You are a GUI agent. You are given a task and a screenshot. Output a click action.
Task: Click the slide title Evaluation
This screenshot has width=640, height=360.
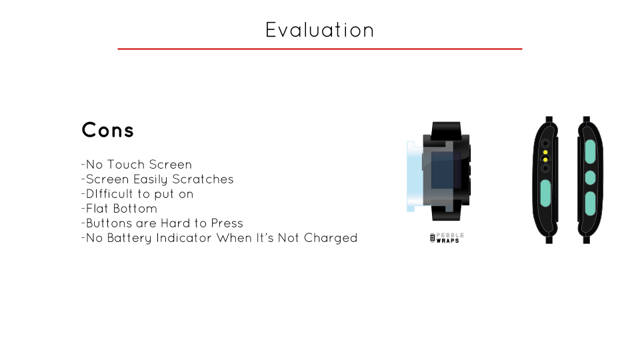click(319, 30)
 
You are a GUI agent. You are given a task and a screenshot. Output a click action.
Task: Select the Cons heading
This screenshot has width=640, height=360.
click(107, 130)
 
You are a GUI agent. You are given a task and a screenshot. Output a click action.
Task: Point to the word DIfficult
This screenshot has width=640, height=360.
click(108, 194)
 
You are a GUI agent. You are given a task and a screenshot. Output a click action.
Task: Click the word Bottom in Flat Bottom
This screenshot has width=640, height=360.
click(135, 209)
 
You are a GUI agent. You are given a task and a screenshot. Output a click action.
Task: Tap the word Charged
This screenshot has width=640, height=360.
click(331, 238)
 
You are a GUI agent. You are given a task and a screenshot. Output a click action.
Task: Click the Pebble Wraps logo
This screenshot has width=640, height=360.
click(447, 238)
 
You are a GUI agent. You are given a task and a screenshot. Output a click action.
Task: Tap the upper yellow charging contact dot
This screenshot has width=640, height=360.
click(545, 153)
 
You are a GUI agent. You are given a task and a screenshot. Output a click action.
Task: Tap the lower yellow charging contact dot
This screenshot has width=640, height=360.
click(545, 160)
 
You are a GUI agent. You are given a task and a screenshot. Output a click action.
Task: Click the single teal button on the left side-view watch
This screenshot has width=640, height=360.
click(545, 192)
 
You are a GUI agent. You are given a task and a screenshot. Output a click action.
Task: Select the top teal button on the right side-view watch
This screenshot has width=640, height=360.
click(589, 152)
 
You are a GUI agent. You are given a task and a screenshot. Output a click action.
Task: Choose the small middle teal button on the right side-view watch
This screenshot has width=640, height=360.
click(589, 177)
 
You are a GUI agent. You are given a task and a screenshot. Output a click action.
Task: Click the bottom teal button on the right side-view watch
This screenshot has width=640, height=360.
click(589, 203)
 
